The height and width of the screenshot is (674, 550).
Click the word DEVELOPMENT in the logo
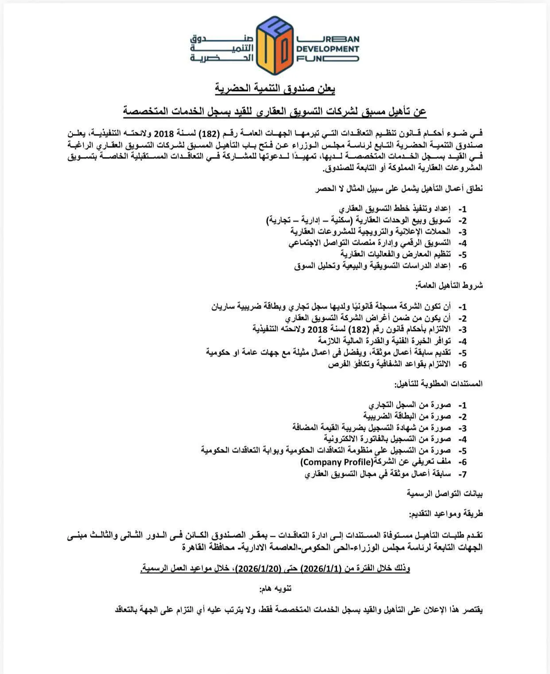click(328, 49)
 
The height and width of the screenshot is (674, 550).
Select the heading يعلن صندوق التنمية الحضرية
click(275, 89)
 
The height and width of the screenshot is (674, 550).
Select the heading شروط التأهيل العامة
click(449, 286)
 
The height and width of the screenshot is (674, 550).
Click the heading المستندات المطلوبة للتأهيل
click(438, 384)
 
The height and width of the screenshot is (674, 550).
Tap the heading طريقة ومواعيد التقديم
click(446, 514)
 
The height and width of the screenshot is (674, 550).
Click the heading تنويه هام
click(275, 589)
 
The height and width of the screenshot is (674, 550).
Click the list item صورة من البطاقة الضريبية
click(407, 416)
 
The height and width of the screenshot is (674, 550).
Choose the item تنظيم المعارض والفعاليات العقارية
click(395, 254)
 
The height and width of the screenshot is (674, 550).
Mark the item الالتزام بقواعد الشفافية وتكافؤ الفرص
click(389, 364)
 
